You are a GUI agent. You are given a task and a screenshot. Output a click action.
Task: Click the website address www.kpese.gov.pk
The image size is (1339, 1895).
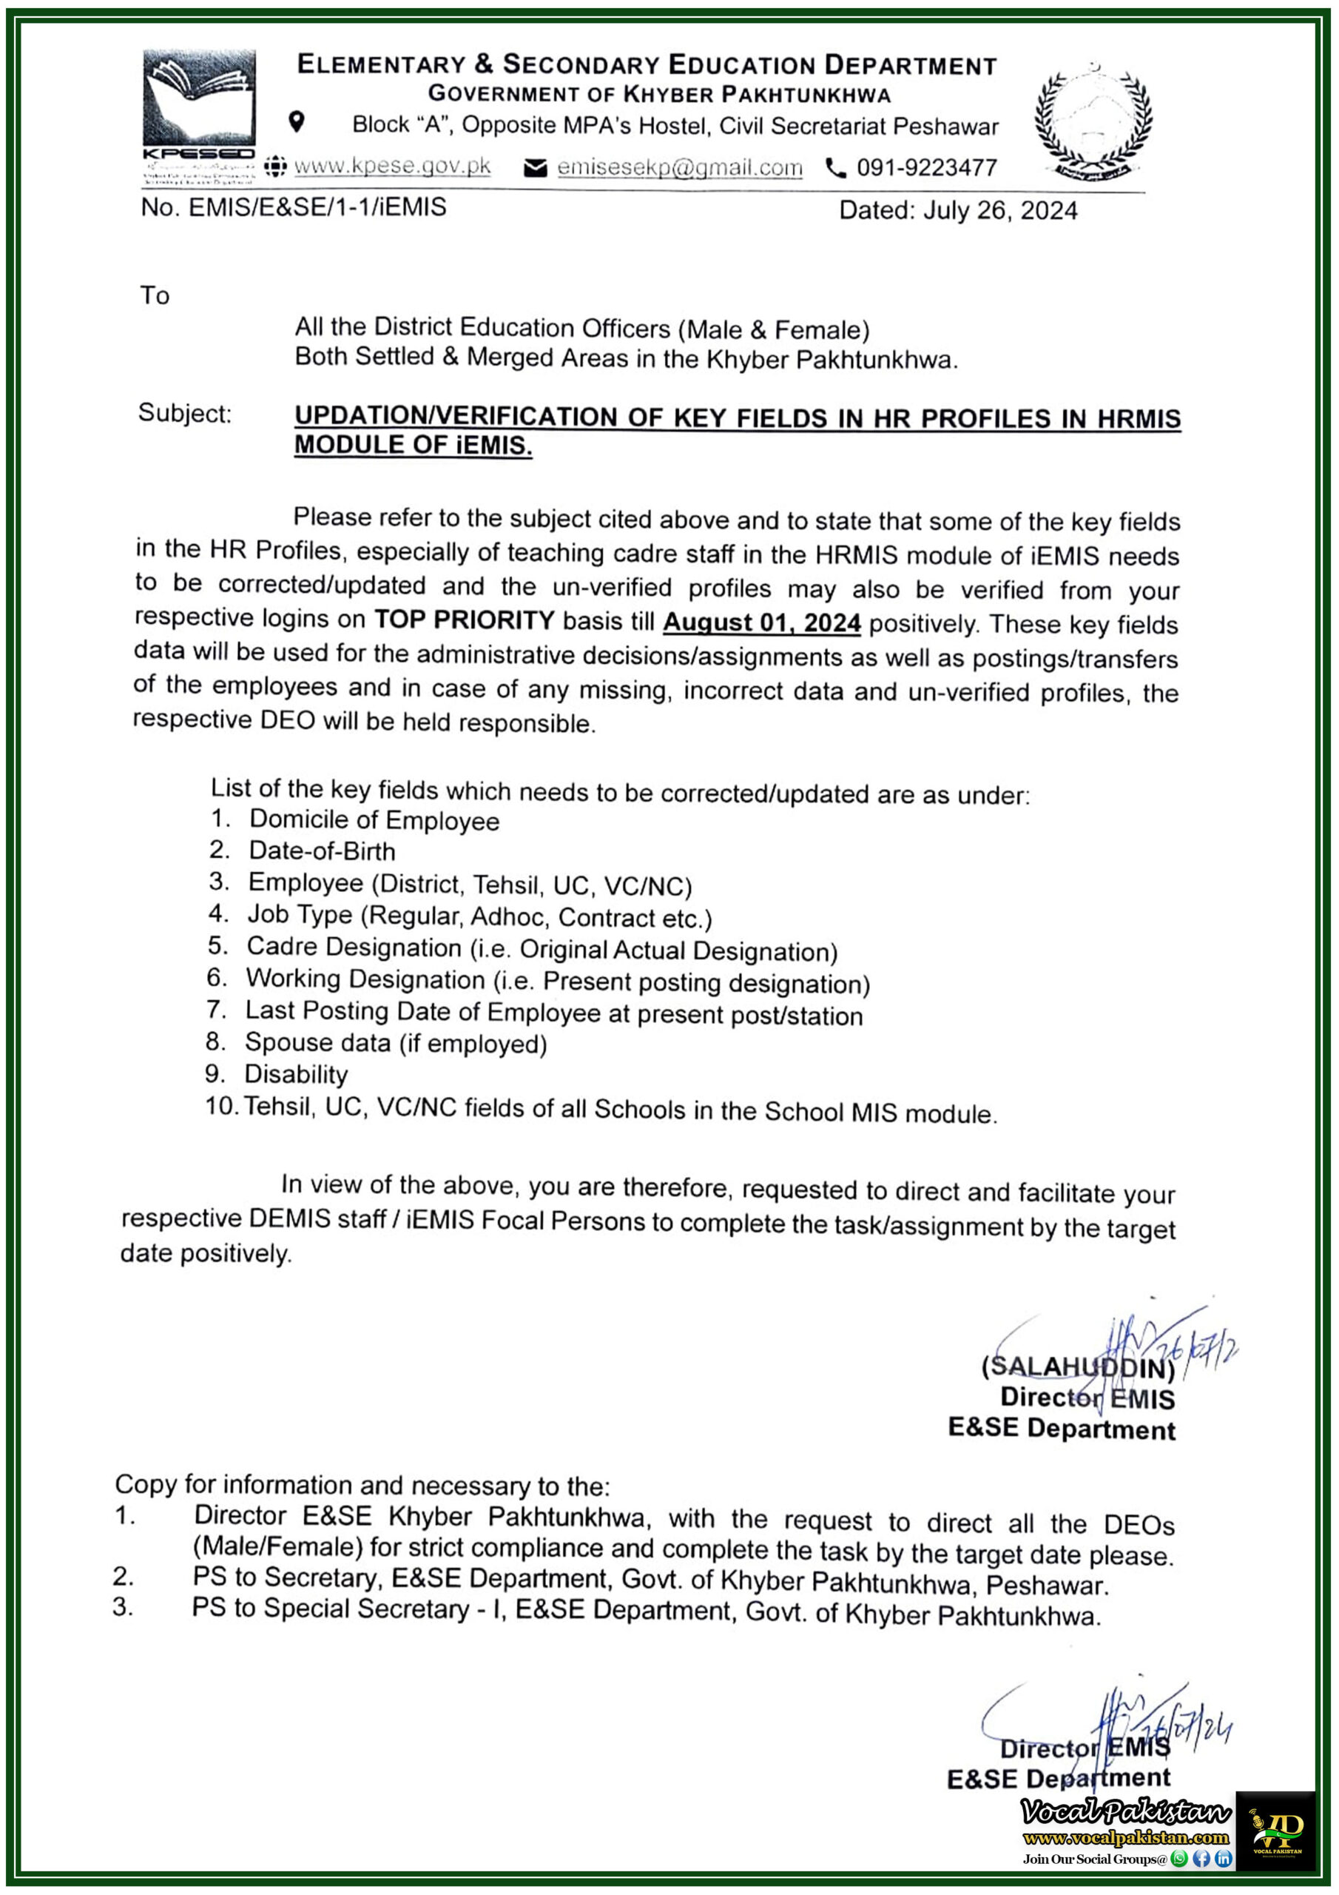pos(392,166)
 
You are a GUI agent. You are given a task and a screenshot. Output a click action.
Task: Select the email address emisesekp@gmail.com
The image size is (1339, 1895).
pos(679,167)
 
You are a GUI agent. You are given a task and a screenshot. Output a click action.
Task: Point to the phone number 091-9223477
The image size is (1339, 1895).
pos(926,167)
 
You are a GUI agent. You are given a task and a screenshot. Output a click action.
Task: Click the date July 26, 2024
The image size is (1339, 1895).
pos(999,210)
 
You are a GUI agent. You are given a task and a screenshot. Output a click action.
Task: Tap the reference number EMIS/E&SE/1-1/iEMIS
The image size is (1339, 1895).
pos(317,207)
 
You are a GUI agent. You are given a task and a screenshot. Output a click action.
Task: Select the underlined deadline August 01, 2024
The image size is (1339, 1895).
pos(761,623)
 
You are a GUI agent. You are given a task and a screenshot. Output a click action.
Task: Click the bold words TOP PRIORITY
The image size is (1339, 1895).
pos(465,619)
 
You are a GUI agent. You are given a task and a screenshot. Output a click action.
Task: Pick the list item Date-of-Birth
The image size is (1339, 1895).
pos(322,851)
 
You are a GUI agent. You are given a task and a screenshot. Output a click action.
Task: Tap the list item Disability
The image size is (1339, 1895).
pos(295,1074)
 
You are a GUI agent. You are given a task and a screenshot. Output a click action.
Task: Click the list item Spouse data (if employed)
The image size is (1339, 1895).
pos(395,1043)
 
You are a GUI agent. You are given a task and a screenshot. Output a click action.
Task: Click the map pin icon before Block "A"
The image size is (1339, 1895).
pos(296,122)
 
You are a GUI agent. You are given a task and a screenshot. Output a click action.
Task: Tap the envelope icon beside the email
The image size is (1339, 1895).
pos(535,168)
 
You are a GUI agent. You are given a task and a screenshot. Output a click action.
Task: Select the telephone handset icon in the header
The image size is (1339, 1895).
pos(836,168)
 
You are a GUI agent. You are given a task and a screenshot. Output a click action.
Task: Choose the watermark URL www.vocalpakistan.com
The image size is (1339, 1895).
pos(1125,1837)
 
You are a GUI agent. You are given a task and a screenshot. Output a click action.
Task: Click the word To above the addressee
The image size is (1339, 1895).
pos(155,295)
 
